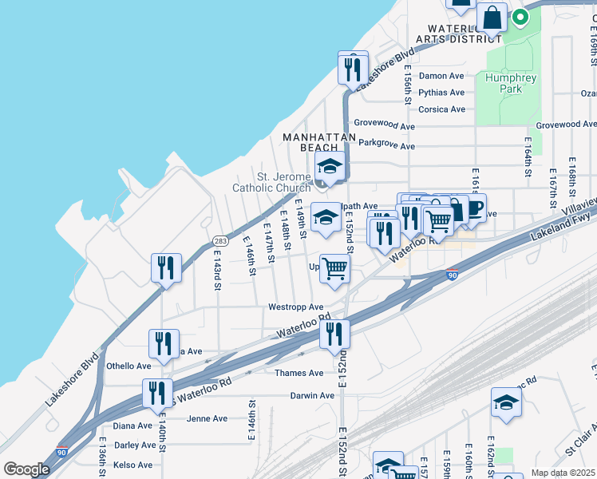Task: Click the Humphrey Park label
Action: [x=511, y=83]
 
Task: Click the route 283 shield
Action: [x=221, y=240]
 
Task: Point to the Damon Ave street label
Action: [x=441, y=76]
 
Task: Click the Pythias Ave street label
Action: [x=441, y=92]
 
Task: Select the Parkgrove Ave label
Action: [x=386, y=146]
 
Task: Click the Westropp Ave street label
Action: [x=295, y=307]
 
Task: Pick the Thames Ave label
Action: [x=299, y=373]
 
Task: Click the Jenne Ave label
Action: [x=207, y=418]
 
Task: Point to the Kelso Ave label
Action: [x=133, y=465]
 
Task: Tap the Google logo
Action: [x=26, y=469]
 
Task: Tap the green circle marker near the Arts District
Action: [x=520, y=16]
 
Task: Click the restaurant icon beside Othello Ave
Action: [x=164, y=343]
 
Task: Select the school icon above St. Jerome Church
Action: [x=329, y=167]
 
